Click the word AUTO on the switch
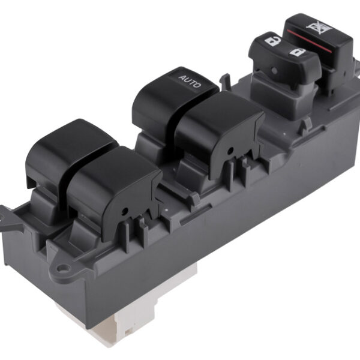[190, 81]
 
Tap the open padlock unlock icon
[273, 41]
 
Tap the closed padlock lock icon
[298, 53]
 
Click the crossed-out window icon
[319, 28]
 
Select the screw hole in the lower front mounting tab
[64, 267]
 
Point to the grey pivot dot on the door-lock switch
[274, 70]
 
